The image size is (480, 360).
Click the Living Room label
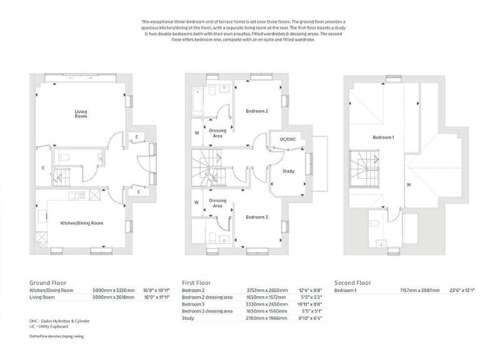(81, 114)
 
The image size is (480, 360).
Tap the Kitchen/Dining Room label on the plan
(81, 222)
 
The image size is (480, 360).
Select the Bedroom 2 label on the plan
(256, 111)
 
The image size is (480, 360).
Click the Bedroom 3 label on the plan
(256, 217)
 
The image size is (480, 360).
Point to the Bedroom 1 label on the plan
(383, 137)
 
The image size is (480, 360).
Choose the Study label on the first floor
(288, 171)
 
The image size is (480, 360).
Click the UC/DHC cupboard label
(287, 139)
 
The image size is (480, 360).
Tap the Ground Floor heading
(47, 282)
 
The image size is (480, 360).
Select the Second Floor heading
(352, 282)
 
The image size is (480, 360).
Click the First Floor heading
(196, 282)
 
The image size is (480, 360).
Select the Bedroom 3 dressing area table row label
(207, 311)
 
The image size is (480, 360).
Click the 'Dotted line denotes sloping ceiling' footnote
(56, 336)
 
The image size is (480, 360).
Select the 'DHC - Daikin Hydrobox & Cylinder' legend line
(60, 321)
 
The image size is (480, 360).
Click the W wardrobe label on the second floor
(407, 184)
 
